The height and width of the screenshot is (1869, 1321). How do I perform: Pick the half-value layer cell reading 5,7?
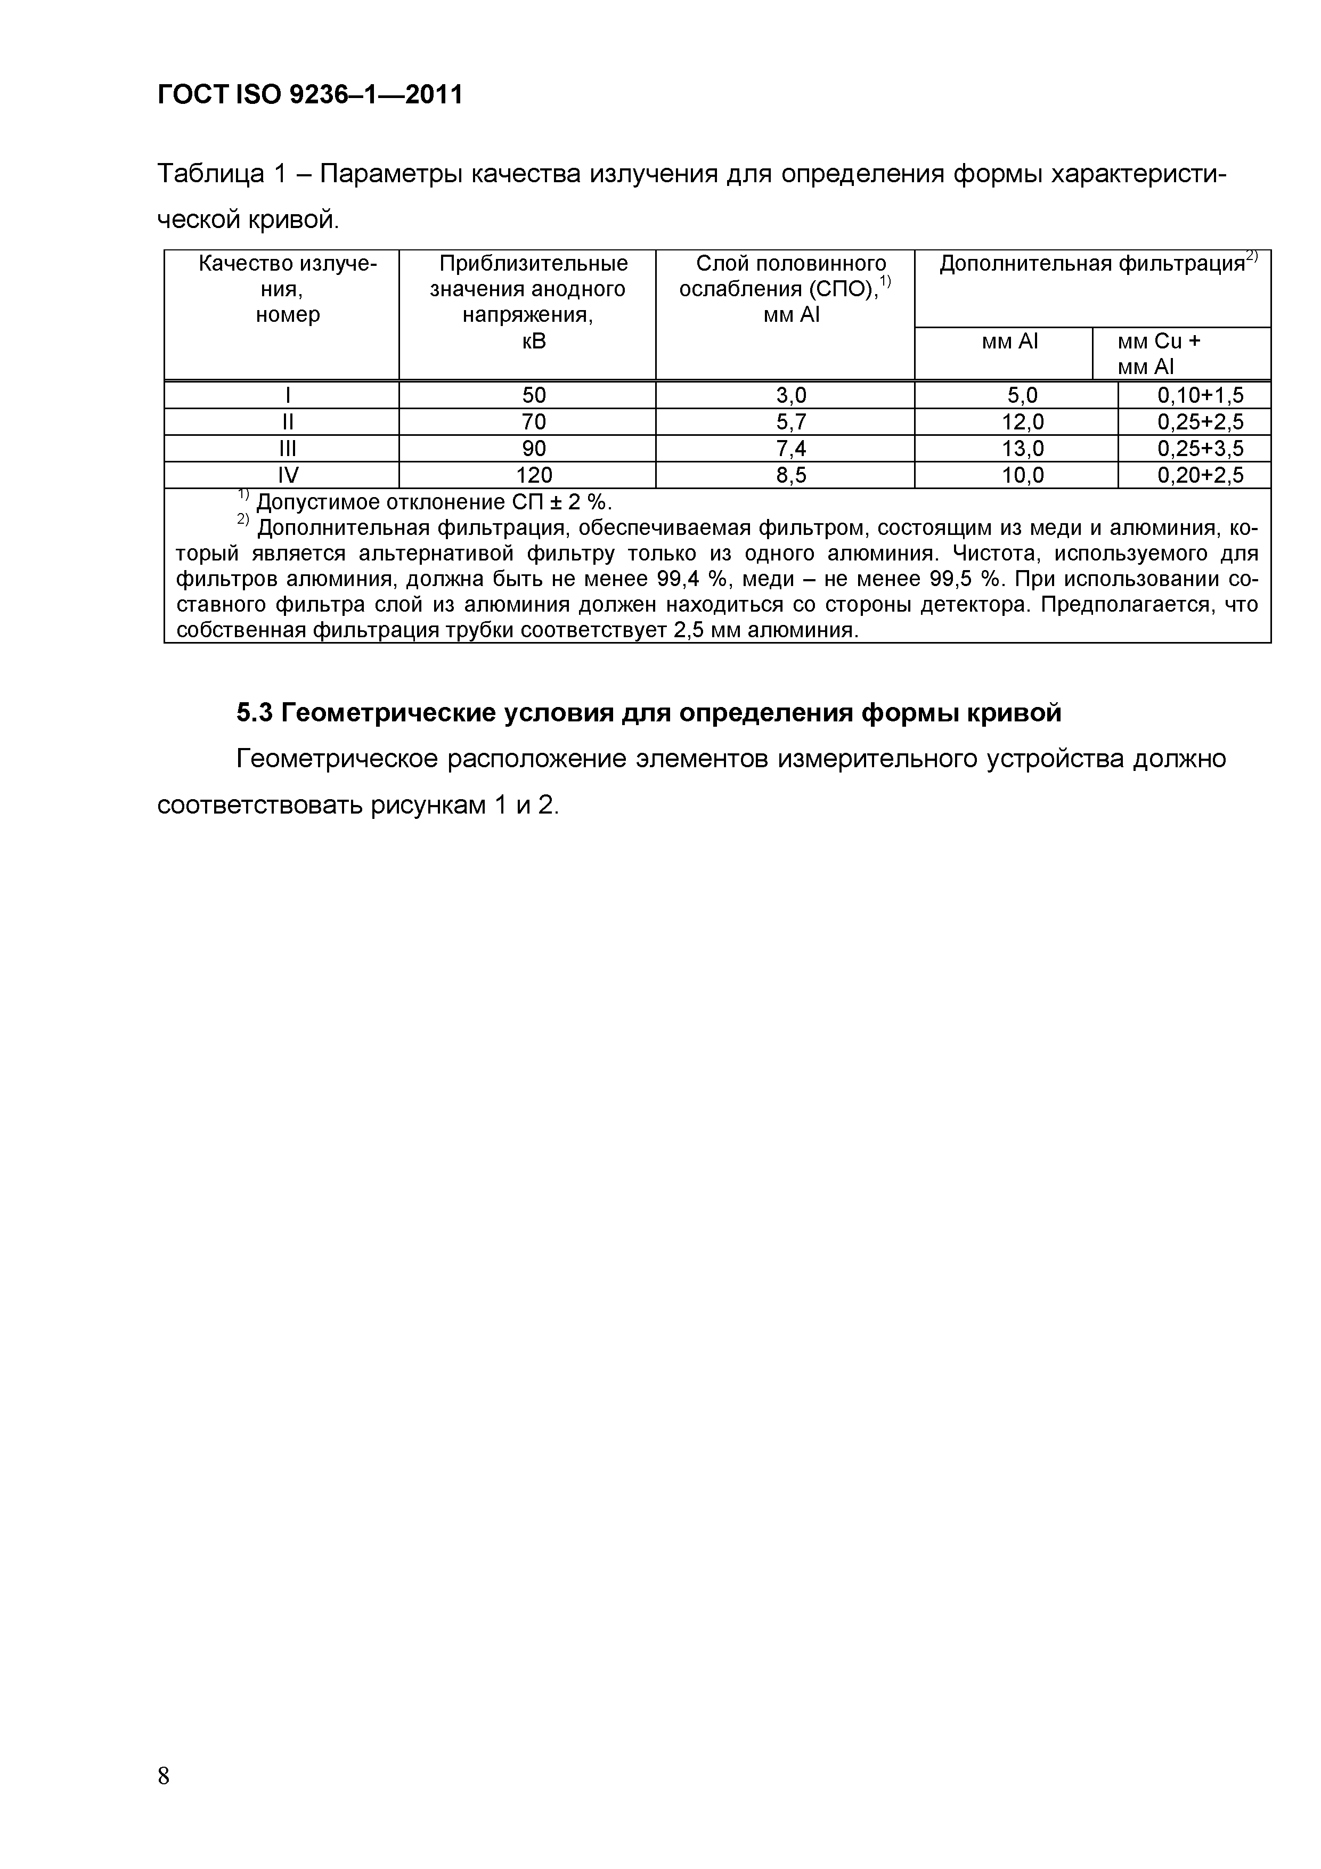tap(790, 421)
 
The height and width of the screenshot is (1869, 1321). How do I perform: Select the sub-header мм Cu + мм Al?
tap(1158, 353)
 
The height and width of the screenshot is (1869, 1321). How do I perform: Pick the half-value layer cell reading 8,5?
tap(790, 475)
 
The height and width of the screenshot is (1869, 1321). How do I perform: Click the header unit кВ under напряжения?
tap(533, 341)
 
